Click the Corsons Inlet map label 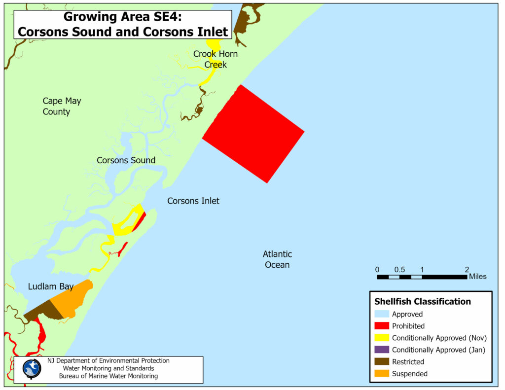(x=193, y=201)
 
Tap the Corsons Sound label (x=126, y=160)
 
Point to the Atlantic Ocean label (x=277, y=259)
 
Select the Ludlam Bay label (x=50, y=286)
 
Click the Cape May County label (x=62, y=106)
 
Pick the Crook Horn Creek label (x=216, y=59)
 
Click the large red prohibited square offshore (x=253, y=133)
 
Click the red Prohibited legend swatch (x=381, y=326)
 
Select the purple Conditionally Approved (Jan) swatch (x=381, y=350)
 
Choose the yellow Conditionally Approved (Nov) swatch (x=381, y=338)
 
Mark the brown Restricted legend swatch (x=381, y=362)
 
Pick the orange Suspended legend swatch (x=381, y=374)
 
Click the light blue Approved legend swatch (x=381, y=314)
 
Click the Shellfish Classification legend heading (x=422, y=301)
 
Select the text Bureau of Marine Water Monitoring (x=108, y=376)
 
